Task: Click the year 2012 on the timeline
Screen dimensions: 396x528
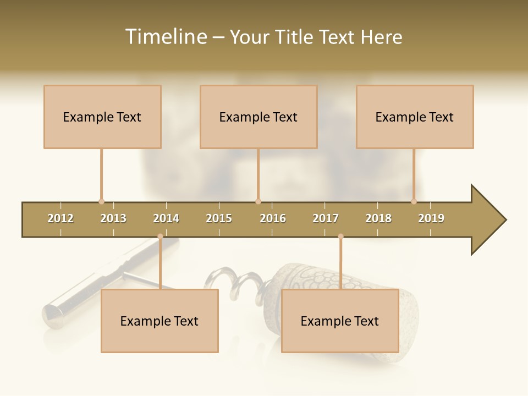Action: (61, 218)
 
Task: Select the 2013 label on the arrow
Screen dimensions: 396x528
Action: (113, 218)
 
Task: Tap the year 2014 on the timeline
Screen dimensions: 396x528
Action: (166, 218)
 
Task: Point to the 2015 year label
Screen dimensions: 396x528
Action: (219, 218)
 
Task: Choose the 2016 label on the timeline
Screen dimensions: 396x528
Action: (273, 218)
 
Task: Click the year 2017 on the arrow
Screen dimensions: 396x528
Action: (326, 218)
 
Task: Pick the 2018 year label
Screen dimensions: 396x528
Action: (378, 218)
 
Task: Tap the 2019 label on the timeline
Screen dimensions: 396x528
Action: (431, 218)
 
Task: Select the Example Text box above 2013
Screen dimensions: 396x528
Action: (102, 117)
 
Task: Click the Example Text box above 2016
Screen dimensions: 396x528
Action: (258, 117)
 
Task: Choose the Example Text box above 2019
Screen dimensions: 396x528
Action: (415, 117)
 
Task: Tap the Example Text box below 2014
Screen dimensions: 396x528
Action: (159, 321)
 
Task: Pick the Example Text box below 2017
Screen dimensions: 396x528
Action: (340, 321)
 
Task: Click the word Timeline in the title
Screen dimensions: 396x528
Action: (165, 37)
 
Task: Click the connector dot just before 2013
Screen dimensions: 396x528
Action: (101, 201)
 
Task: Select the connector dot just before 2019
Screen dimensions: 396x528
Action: (414, 201)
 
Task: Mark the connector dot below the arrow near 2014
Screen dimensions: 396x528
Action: (160, 237)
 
